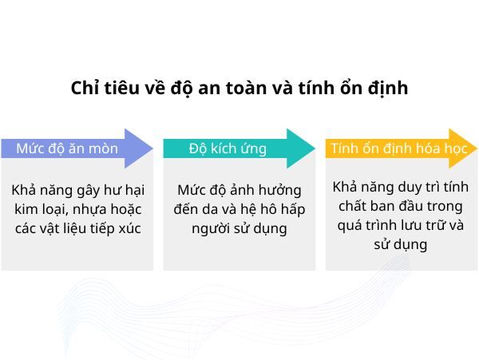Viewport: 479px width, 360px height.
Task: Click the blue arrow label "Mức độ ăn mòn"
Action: (x=67, y=148)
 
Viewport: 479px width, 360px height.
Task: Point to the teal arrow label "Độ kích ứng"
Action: (x=228, y=148)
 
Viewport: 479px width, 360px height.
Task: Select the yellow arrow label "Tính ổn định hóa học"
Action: (x=388, y=148)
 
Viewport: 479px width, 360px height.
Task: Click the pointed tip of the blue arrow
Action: (x=152, y=148)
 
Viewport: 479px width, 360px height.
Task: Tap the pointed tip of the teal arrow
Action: (x=315, y=148)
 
